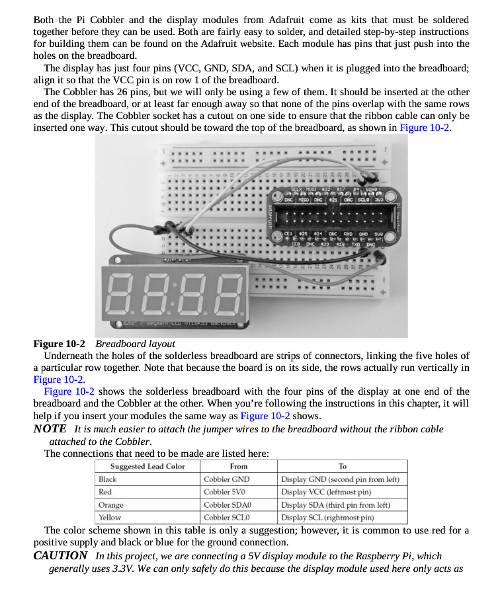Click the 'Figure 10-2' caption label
click(x=60, y=344)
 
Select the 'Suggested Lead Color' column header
click(x=147, y=466)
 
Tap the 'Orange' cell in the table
click(x=111, y=505)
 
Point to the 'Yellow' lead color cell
click(x=110, y=518)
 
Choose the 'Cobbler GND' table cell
click(x=226, y=479)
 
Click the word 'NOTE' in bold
click(x=50, y=429)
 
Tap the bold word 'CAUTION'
click(x=60, y=555)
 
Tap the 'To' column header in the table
click(x=342, y=466)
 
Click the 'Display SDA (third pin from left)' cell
click(x=339, y=505)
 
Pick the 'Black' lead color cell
click(x=108, y=479)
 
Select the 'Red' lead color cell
click(x=105, y=492)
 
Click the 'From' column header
click(x=239, y=466)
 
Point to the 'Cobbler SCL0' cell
click(x=226, y=518)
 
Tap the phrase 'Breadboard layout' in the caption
click(x=135, y=344)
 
